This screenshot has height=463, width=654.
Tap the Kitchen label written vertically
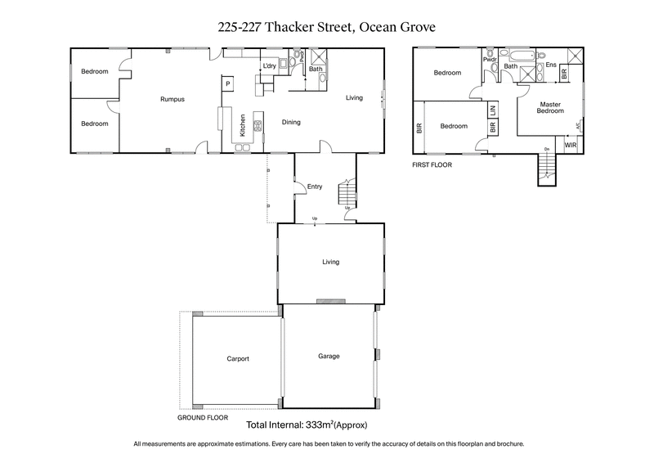pyautogui.click(x=243, y=124)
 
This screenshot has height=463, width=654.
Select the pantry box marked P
pyautogui.click(x=228, y=83)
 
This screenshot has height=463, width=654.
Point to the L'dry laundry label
pyautogui.click(x=268, y=66)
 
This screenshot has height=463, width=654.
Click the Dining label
pyautogui.click(x=291, y=123)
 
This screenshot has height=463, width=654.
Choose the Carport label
pyautogui.click(x=237, y=358)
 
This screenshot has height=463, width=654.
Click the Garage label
pyautogui.click(x=329, y=356)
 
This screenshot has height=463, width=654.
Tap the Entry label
pyautogui.click(x=315, y=187)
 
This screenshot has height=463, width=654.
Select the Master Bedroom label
pyautogui.click(x=550, y=107)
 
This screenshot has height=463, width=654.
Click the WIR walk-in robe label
pyautogui.click(x=570, y=145)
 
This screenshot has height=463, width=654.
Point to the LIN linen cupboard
pyautogui.click(x=492, y=109)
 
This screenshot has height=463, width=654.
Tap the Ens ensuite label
pyautogui.click(x=550, y=65)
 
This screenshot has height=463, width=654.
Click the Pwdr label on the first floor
pyautogui.click(x=490, y=60)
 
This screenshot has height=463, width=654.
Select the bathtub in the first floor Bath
pyautogui.click(x=519, y=57)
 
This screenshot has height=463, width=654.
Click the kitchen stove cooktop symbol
pyautogui.click(x=257, y=125)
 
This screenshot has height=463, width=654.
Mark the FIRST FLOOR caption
pyautogui.click(x=432, y=164)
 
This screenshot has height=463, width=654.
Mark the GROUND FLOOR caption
pyautogui.click(x=204, y=417)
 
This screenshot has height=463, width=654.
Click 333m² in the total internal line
pyautogui.click(x=314, y=426)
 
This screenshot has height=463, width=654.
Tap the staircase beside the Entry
pyautogui.click(x=347, y=195)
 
